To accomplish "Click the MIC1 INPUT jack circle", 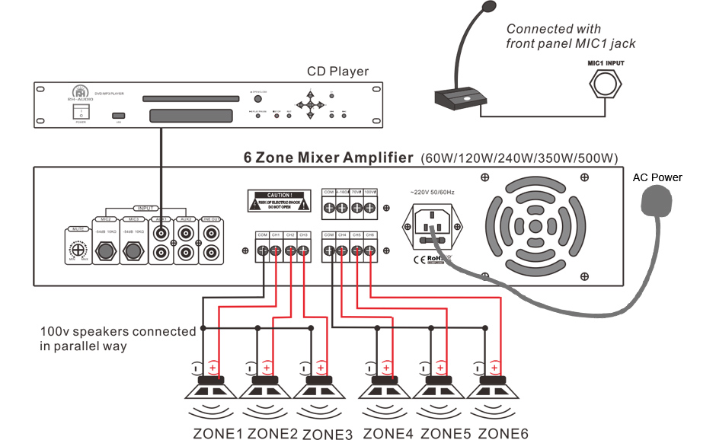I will pos(606,83).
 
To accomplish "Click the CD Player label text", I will pos(337,72).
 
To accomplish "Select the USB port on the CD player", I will pos(118,116).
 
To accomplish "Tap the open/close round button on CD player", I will pos(258,100).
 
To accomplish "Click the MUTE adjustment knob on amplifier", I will pos(75,247).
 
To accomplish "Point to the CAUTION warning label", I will pos(279,201).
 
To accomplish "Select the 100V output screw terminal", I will pos(369,208).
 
